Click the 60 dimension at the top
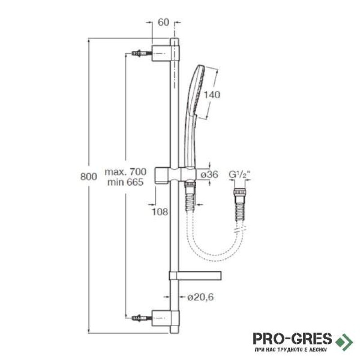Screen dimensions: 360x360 point(163,22)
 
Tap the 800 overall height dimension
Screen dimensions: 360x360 point(89,176)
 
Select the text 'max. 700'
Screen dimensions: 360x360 point(126,171)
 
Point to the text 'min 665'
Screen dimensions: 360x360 point(126,182)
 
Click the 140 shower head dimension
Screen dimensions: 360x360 point(212,94)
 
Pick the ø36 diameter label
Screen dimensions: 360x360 point(209,175)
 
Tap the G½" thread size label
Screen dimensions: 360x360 point(239,175)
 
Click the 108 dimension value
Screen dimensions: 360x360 point(160,211)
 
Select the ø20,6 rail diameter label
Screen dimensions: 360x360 point(200,297)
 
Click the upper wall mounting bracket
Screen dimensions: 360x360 point(165,53)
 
